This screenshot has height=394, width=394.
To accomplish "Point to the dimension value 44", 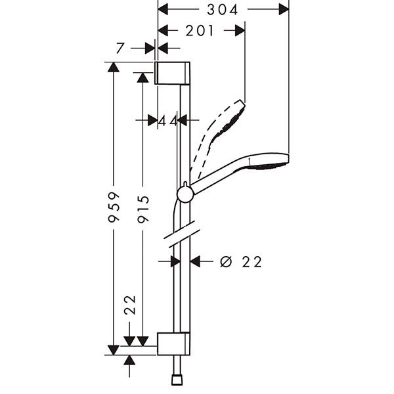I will click(x=168, y=120).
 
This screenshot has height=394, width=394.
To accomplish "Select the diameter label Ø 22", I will click(x=240, y=261).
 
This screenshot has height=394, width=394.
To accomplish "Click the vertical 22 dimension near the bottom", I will click(x=130, y=307).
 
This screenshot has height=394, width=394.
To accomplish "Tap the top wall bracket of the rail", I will click(x=173, y=73).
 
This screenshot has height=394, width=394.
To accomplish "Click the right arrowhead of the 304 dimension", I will click(x=284, y=9).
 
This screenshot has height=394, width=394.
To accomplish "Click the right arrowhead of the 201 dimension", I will click(x=240, y=30).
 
